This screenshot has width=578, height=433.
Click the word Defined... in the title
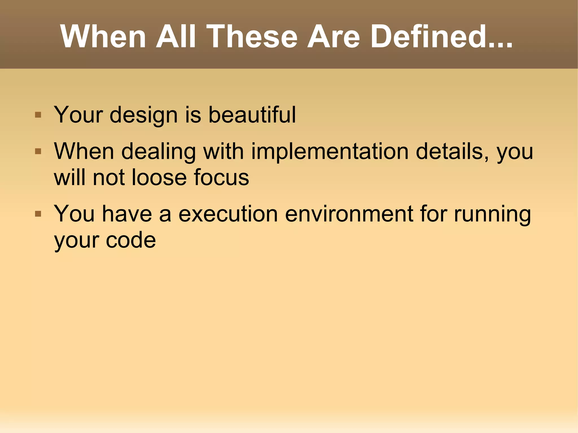[x=441, y=37]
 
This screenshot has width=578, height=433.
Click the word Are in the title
[x=334, y=37]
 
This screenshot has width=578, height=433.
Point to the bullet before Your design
[x=38, y=115]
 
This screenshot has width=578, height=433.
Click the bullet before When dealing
[x=38, y=152]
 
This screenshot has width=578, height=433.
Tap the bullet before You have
[x=38, y=214]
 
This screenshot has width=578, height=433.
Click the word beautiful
[x=252, y=115]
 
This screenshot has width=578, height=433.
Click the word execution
[x=228, y=214]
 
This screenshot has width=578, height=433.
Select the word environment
[x=349, y=214]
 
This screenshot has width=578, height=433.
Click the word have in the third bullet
[x=127, y=214]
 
